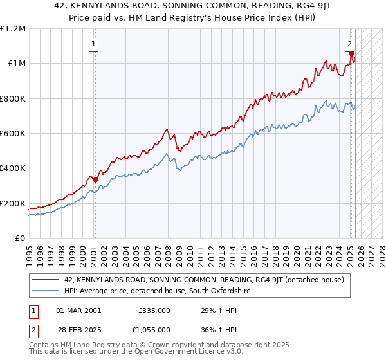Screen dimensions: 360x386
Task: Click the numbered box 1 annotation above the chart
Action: tap(94, 44)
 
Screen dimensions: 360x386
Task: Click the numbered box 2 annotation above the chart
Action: tap(349, 44)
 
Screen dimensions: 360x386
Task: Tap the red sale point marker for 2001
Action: tap(95, 180)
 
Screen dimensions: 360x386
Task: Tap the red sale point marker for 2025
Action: tap(351, 55)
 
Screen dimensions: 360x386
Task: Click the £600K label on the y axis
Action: tap(13, 134)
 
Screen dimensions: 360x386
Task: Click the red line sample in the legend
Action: tap(46, 280)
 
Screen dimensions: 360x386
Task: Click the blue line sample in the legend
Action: tap(46, 291)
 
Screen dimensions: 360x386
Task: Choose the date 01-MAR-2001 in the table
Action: tap(78, 310)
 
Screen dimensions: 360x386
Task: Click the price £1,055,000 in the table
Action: tap(154, 330)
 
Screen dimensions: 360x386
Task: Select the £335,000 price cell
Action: tap(154, 310)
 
